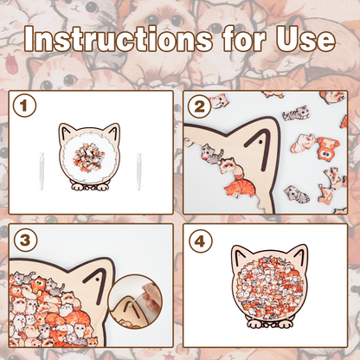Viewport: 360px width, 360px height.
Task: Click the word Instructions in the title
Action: click(119, 39)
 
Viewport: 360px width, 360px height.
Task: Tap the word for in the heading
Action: click(244, 39)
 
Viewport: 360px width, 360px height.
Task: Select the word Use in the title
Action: click(305, 39)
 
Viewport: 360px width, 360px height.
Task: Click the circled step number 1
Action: click(24, 106)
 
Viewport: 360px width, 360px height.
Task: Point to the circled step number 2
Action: click(200, 106)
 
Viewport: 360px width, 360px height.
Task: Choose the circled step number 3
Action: click(25, 240)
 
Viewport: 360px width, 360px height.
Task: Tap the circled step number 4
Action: click(201, 241)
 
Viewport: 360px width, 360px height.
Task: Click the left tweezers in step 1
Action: click(42, 170)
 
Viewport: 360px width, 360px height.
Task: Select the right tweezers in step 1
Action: click(139, 171)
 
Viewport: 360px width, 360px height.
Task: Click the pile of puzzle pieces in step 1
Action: click(88, 157)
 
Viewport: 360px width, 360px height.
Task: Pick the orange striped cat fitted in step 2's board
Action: click(241, 188)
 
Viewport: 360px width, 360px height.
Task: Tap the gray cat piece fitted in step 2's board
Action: click(211, 154)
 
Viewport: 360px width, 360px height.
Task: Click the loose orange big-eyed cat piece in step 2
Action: click(328, 148)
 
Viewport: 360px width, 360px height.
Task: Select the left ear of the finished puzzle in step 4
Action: click(241, 254)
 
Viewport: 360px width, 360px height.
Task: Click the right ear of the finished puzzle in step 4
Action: click(299, 254)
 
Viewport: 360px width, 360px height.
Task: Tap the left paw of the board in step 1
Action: click(77, 187)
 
